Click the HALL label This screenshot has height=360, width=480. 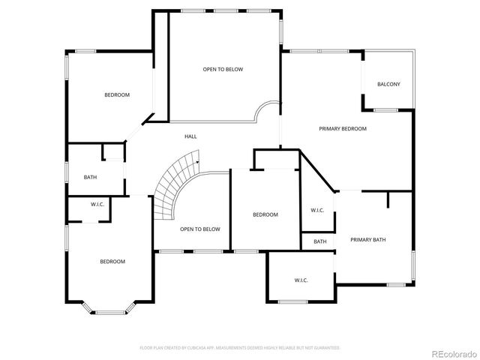coord(190,136)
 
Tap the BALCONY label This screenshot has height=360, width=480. coord(388,84)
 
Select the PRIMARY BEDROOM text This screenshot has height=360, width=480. coord(343,129)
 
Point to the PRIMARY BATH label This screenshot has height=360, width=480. coord(368,240)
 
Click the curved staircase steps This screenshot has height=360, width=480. coord(174,184)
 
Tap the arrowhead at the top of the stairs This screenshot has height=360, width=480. coord(197,160)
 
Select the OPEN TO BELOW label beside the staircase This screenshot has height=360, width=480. coord(200,229)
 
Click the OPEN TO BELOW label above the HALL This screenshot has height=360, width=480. coord(223,70)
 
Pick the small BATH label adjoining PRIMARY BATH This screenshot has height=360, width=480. coord(320,241)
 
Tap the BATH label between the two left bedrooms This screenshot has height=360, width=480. coord(90,178)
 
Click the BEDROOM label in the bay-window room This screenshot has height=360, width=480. coord(112,262)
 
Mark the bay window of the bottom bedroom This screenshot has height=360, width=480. coord(108,307)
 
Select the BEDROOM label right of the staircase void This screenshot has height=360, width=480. coord(265,214)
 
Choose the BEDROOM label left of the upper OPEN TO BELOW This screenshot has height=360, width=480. coord(117,95)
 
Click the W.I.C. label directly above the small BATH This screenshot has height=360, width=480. coord(317,210)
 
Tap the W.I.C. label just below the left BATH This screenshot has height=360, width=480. coord(97,205)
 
